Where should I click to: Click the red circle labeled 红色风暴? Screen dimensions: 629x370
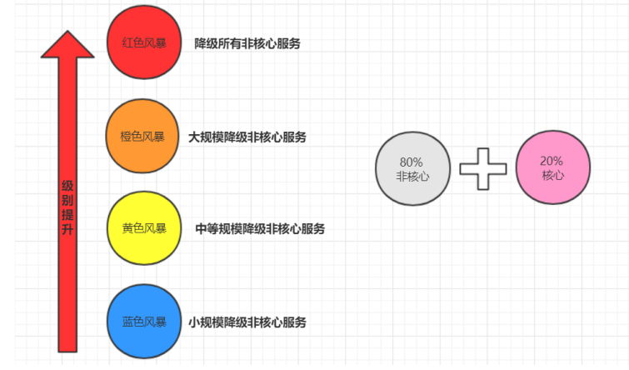(144, 42)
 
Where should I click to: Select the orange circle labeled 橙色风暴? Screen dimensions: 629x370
(142, 136)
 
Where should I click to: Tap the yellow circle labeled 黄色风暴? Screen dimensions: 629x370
(144, 228)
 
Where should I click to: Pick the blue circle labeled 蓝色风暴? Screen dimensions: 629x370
(144, 322)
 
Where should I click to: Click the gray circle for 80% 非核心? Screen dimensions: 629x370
(412, 168)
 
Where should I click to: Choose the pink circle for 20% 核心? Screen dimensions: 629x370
(553, 167)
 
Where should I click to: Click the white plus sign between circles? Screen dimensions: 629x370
(483, 169)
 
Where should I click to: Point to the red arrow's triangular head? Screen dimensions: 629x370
(67, 44)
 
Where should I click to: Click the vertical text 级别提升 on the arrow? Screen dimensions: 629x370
(67, 207)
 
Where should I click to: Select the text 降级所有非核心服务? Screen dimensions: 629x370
(247, 43)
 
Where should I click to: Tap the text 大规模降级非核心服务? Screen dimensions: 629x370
(247, 137)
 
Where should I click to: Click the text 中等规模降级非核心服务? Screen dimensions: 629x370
(260, 228)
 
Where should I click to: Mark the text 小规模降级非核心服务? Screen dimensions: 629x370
(247, 322)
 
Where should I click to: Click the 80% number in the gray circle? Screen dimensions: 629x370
(412, 162)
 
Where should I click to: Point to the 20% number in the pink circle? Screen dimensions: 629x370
(552, 161)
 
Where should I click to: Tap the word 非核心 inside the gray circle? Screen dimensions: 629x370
(412, 176)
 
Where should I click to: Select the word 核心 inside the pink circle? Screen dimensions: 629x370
(553, 175)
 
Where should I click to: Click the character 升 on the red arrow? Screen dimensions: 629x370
(67, 228)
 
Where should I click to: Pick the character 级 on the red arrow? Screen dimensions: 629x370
(67, 186)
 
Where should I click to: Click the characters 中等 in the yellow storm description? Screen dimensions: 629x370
(207, 228)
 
